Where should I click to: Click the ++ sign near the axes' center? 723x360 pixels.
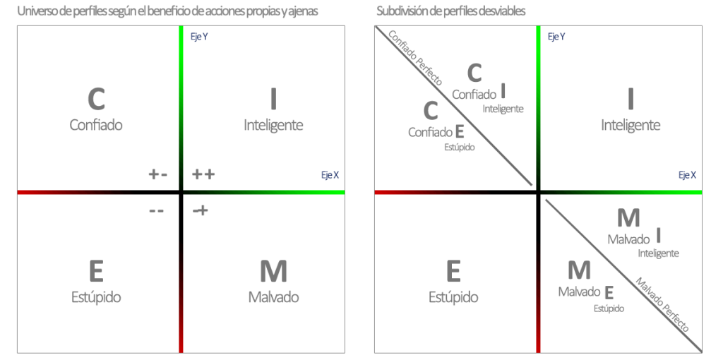click(x=203, y=174)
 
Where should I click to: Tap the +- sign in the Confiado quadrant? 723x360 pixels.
click(x=157, y=174)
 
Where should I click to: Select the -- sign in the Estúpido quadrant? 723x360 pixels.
click(x=156, y=210)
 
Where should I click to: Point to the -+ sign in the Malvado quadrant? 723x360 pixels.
click(x=201, y=210)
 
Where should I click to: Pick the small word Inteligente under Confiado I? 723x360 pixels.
click(x=503, y=109)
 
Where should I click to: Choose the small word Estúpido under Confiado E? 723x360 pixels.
click(x=459, y=147)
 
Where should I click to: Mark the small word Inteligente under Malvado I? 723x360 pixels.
click(x=658, y=253)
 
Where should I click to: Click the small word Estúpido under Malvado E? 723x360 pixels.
click(x=609, y=308)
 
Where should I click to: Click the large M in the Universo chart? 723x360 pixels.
click(x=273, y=271)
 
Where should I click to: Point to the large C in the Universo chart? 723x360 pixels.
click(x=96, y=100)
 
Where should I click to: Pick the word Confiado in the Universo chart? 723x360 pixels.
click(x=96, y=125)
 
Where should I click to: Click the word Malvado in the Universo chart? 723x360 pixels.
click(x=273, y=296)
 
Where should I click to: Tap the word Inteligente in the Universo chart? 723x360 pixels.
click(x=273, y=125)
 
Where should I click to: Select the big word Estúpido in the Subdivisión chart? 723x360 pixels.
click(x=453, y=296)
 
